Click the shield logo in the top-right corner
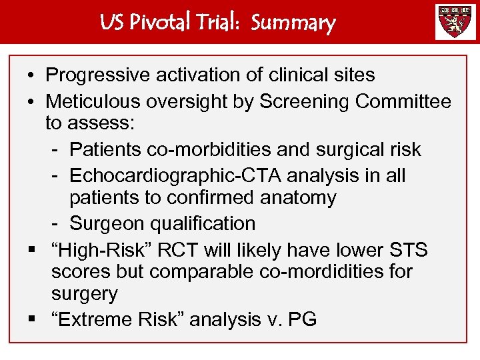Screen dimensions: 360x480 pos(456,22)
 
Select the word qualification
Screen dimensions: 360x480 pos(205,223)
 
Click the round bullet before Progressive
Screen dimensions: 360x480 pos(31,76)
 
